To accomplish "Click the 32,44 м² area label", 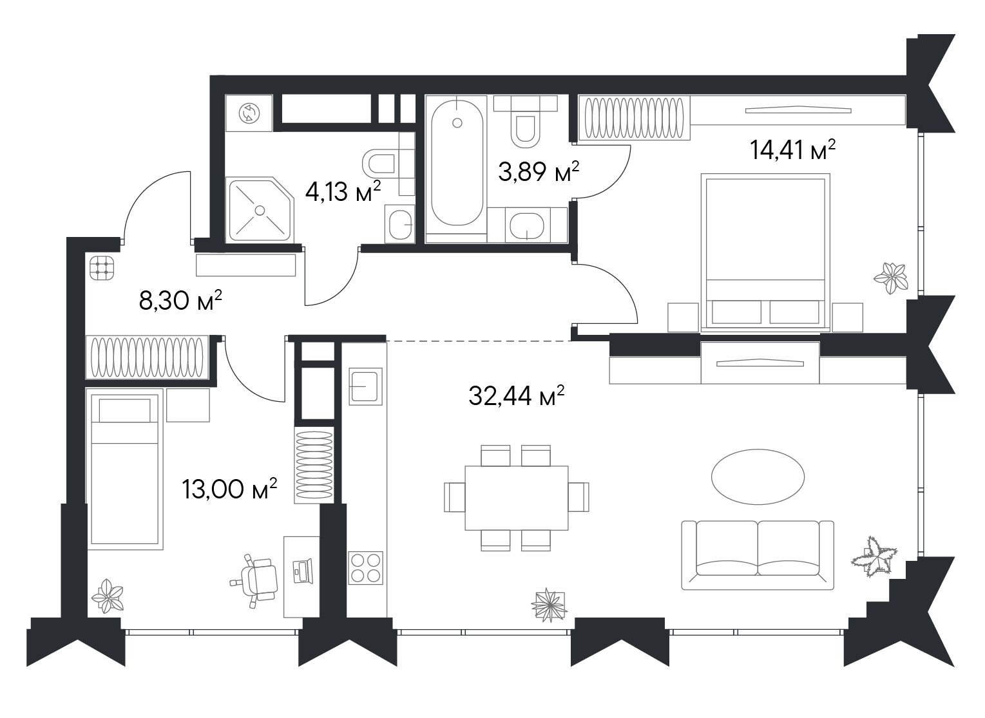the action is coord(516,395).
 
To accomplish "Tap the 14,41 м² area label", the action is coord(792,149).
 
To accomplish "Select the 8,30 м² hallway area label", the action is coord(180,300).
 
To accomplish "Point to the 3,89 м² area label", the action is coord(539,171).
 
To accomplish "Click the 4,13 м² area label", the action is coord(343,191).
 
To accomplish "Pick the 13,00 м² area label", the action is coord(229,489).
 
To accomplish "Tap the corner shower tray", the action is coord(260,209).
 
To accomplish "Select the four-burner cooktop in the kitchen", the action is coord(365,567).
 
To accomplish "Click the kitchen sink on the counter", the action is coord(365,386).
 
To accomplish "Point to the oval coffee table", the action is coord(758,477).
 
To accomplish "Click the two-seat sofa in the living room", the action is coord(758,555).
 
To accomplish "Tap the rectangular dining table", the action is coord(517,498).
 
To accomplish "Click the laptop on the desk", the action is coord(303,571).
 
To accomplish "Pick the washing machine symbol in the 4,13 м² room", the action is coord(249,113).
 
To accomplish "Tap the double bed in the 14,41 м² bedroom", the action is coord(765,252).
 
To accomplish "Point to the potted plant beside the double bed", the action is coord(891,278).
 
